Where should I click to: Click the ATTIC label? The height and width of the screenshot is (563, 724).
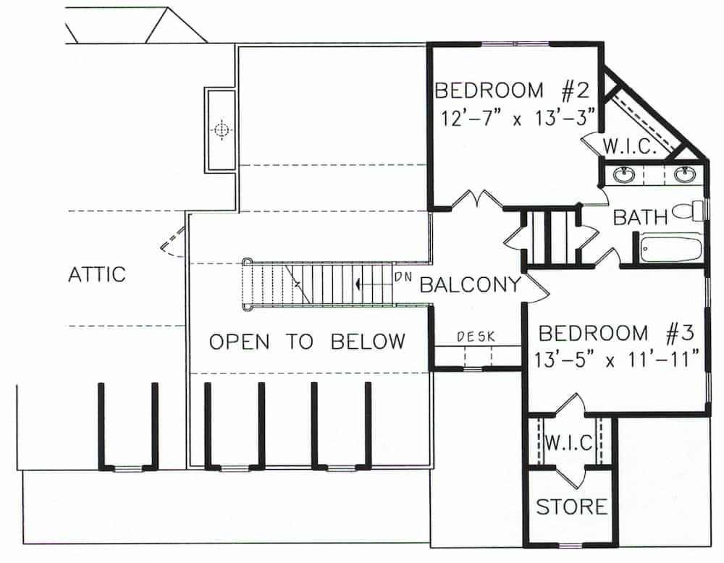96,274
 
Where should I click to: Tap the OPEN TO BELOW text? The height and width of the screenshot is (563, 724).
307,342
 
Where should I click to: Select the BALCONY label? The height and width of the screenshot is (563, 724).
470,284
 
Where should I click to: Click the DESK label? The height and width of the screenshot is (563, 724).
476,336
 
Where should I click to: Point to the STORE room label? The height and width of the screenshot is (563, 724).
571,507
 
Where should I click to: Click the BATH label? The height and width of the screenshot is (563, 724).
640,217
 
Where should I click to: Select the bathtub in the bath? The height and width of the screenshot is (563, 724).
671,247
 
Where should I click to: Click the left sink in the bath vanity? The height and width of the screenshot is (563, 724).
624,174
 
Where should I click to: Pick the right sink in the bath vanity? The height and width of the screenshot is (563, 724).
683,174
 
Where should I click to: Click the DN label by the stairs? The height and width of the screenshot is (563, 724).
403,276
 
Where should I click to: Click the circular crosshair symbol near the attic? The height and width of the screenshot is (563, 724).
222,130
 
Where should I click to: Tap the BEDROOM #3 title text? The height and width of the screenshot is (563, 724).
617,334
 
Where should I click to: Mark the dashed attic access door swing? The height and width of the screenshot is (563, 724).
173,243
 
